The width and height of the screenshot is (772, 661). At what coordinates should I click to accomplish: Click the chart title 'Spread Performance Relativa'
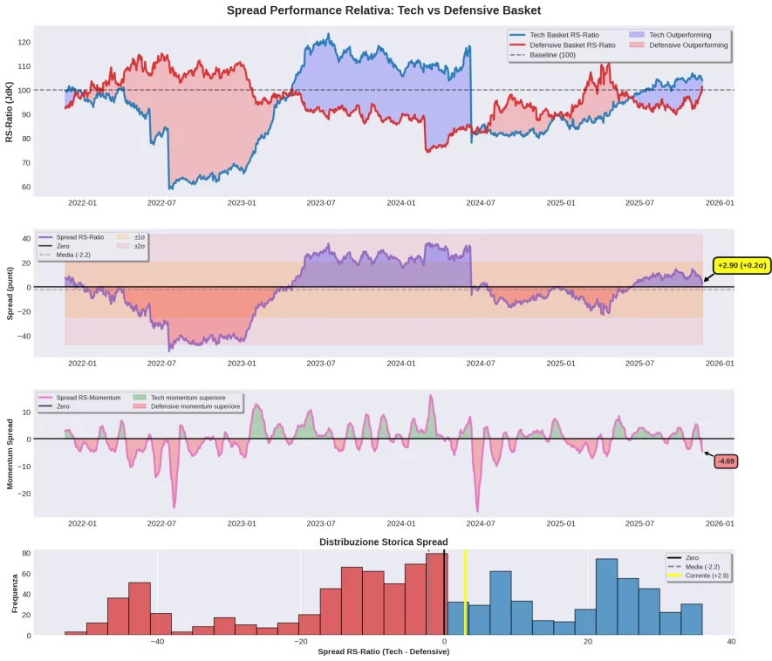point(384,10)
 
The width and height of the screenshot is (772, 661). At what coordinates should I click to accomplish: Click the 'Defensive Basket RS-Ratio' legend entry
point(572,44)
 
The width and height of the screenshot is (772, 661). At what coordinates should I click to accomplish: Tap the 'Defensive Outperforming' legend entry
point(688,44)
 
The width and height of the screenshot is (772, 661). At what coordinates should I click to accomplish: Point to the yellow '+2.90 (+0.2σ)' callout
point(741,265)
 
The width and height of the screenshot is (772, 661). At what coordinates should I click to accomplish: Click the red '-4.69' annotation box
point(726,461)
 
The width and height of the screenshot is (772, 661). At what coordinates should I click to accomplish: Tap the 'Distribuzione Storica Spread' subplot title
point(383,542)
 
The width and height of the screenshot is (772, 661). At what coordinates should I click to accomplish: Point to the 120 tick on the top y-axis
point(24,42)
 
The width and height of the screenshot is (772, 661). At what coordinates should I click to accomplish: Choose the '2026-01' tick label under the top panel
point(720,203)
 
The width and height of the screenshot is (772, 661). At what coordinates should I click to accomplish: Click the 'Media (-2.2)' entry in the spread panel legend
point(73,256)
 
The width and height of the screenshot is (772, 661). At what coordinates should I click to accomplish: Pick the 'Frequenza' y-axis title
point(15,593)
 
